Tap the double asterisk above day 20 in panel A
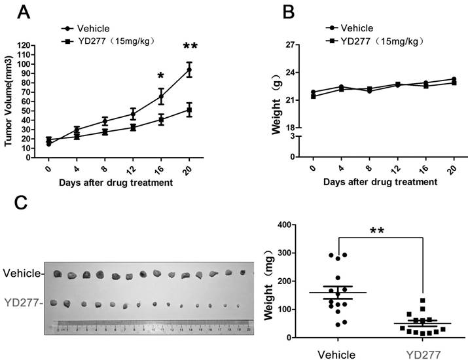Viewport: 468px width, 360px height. click(190, 46)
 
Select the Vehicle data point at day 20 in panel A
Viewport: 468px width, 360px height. click(190, 69)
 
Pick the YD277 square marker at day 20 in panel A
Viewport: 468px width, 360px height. click(190, 110)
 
